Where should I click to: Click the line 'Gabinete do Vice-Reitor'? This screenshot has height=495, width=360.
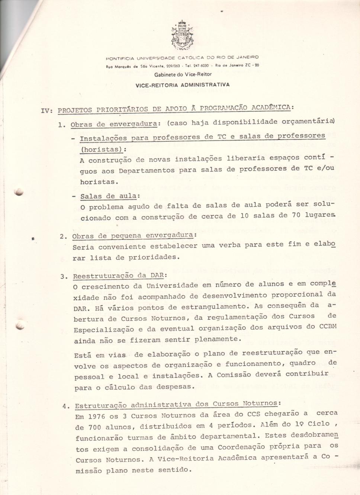click(x=183, y=74)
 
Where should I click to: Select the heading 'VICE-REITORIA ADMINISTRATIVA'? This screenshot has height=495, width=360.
click(x=182, y=85)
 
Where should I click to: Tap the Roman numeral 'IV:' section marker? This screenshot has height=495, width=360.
click(x=47, y=110)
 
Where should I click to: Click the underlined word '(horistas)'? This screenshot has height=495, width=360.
click(x=102, y=150)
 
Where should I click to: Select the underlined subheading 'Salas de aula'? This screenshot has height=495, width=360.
click(x=108, y=196)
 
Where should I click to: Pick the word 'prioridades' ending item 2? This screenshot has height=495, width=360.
click(x=154, y=257)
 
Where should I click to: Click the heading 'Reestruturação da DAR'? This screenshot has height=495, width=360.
click(x=119, y=276)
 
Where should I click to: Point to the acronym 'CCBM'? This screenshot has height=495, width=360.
click(x=328, y=327)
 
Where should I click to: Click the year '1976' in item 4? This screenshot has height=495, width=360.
click(x=97, y=417)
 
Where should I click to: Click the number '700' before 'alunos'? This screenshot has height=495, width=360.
click(x=95, y=427)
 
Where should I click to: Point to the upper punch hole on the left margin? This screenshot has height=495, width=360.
click(x=19, y=192)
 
